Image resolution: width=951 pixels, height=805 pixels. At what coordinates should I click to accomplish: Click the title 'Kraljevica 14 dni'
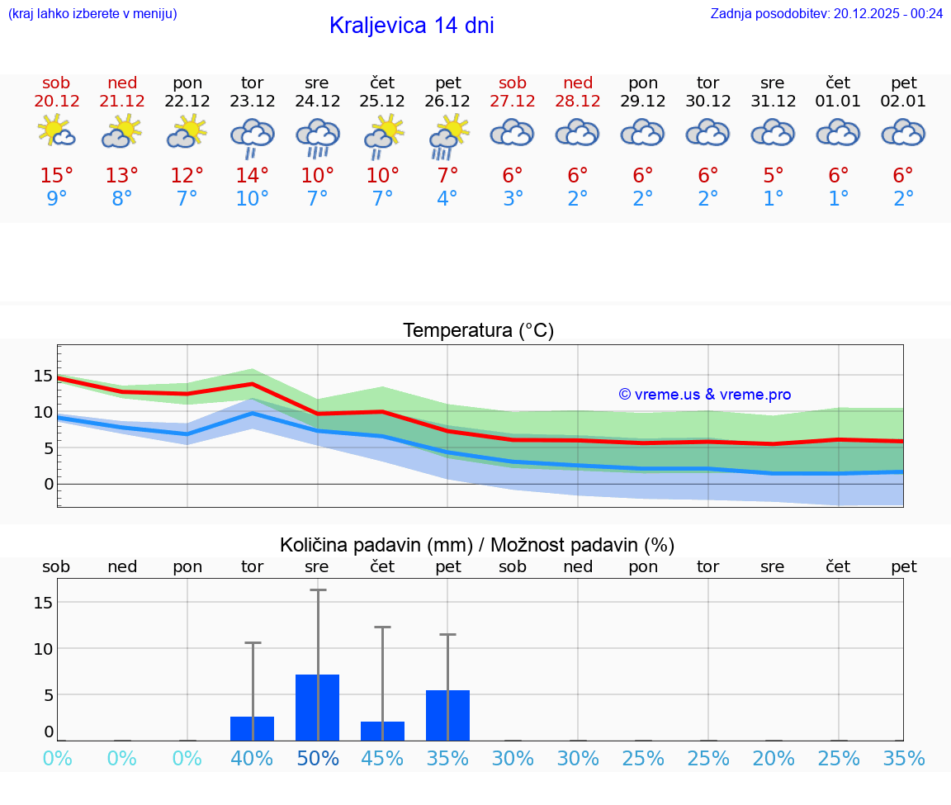click(x=411, y=26)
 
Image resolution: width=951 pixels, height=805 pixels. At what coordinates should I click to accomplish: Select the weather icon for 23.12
click(x=252, y=137)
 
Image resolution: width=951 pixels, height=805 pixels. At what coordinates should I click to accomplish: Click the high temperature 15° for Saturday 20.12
click(x=57, y=176)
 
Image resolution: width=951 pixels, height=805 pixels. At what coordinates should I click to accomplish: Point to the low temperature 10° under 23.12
click(x=252, y=199)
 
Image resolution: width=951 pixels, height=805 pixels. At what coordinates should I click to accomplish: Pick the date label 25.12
click(x=382, y=102)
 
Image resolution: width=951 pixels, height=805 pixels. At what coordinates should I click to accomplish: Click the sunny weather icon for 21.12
click(x=122, y=131)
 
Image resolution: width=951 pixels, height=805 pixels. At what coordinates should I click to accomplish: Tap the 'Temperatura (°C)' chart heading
click(x=478, y=331)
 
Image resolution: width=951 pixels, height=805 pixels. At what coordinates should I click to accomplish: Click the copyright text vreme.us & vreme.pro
click(x=704, y=395)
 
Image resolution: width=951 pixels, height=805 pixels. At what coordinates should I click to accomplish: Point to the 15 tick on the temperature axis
click(x=42, y=376)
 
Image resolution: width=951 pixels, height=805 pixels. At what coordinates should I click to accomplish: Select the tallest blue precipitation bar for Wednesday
click(x=318, y=708)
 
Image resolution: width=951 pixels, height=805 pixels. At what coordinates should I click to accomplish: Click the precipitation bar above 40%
click(x=252, y=728)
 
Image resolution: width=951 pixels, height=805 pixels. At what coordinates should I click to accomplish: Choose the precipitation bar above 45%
click(x=382, y=731)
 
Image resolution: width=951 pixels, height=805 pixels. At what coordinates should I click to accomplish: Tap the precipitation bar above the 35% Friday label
click(x=447, y=715)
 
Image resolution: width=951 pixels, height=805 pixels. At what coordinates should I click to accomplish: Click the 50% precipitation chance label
click(x=318, y=759)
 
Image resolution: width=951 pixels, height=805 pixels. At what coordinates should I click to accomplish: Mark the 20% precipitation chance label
click(x=774, y=759)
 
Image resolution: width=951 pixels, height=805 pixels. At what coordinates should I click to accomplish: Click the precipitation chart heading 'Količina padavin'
click(x=477, y=545)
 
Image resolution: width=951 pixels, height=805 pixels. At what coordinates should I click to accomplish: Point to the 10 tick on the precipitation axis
click(x=42, y=649)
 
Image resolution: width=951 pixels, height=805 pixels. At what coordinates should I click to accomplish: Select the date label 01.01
click(x=838, y=102)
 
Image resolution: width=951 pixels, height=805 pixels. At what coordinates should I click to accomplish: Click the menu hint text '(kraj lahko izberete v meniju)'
click(x=92, y=13)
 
